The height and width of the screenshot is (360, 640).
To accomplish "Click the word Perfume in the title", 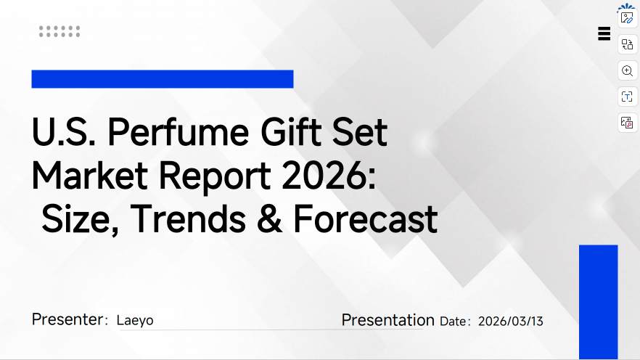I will click(x=179, y=134).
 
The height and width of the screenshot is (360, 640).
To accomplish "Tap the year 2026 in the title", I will click(x=323, y=176).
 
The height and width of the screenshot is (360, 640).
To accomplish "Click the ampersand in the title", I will click(x=269, y=218).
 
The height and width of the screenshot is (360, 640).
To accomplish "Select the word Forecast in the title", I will click(x=365, y=218).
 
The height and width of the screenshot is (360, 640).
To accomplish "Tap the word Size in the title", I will click(x=75, y=218).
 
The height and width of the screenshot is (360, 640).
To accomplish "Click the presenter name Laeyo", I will click(x=135, y=320).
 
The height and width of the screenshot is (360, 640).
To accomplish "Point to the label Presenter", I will click(x=67, y=320).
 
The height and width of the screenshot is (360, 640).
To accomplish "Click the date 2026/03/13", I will click(x=510, y=321).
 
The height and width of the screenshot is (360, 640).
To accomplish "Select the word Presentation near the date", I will click(x=387, y=320).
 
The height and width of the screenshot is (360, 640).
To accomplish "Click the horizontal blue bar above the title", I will click(x=162, y=79).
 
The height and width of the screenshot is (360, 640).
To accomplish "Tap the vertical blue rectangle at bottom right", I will click(x=598, y=301).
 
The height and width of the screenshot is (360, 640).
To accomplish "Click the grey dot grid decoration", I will click(x=60, y=31).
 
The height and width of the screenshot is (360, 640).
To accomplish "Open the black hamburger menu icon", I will click(x=604, y=33).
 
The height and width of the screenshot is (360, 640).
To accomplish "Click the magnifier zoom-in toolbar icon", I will click(x=627, y=70).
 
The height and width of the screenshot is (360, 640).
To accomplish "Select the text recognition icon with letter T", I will click(x=627, y=97).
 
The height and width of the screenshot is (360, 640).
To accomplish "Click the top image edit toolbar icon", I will click(x=627, y=17).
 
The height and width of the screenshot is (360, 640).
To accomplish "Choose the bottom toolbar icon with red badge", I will click(x=627, y=123).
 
